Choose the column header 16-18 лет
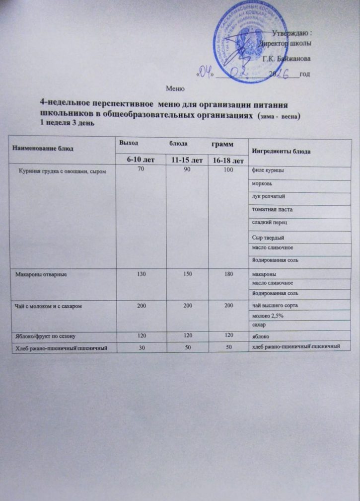226,161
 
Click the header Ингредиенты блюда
282,151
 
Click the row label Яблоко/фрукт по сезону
45,336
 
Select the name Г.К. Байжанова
287,58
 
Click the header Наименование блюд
39,148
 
